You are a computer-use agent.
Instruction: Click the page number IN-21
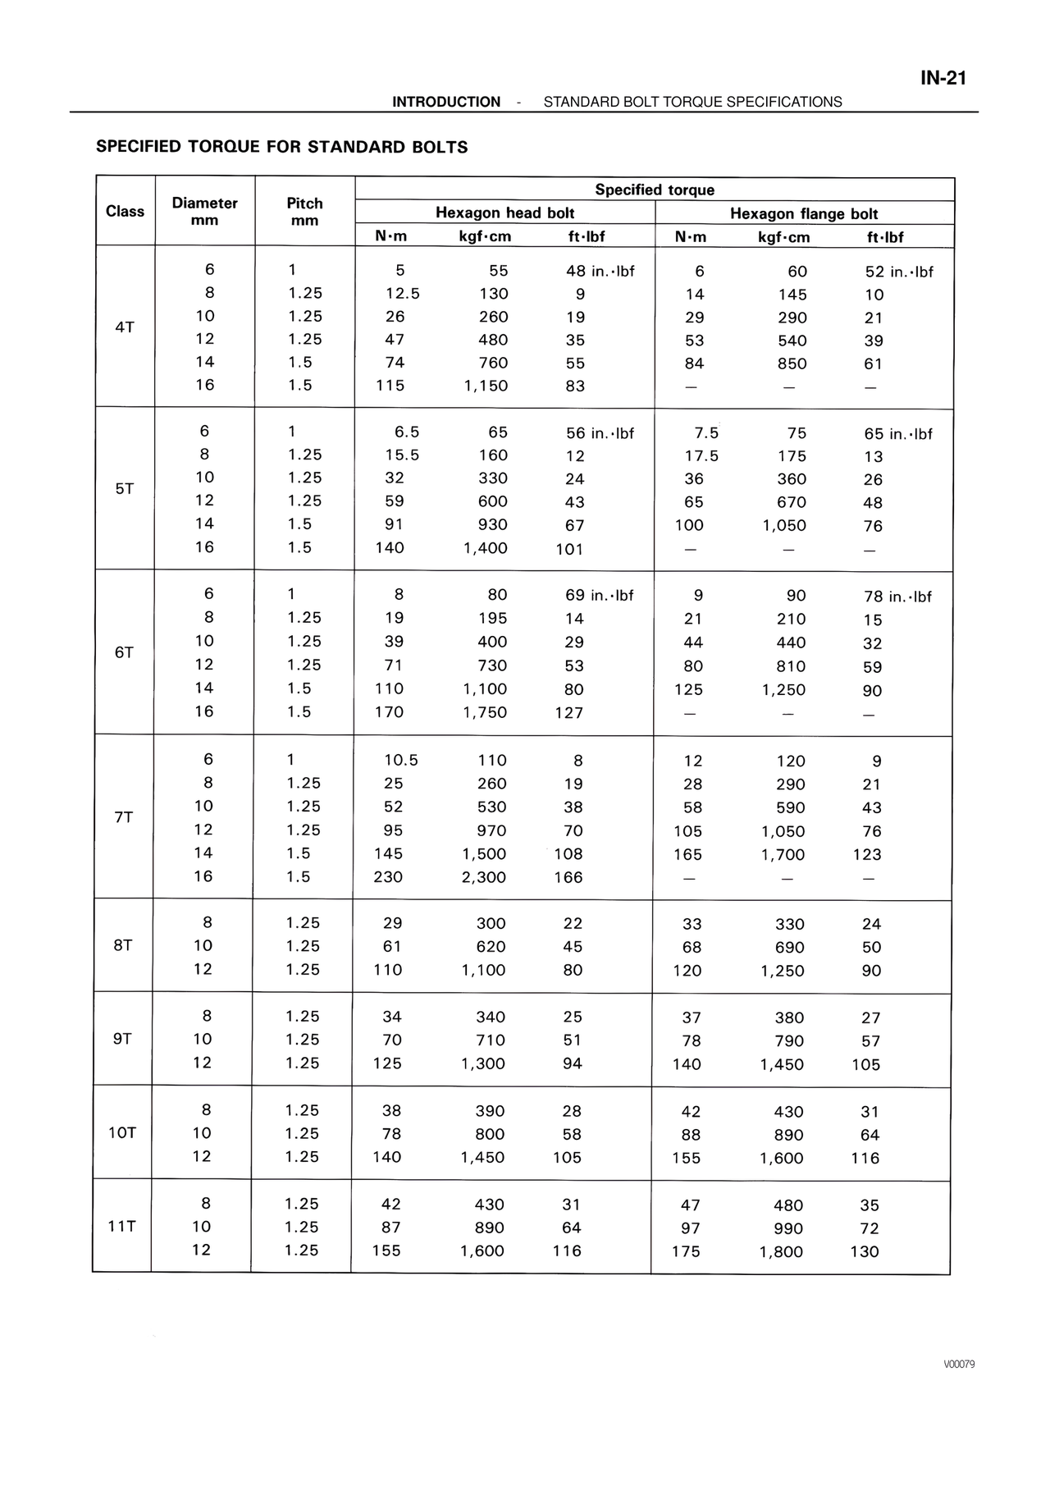[x=943, y=78]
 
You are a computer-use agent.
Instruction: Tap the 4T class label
[x=125, y=327]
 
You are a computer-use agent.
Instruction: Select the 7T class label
[x=123, y=817]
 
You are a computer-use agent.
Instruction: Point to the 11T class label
[x=121, y=1227]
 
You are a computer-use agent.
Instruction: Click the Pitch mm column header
[x=304, y=212]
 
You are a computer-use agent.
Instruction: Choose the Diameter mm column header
[x=204, y=212]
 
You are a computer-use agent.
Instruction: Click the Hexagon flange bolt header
[x=803, y=214]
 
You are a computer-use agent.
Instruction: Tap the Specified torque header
[x=654, y=190]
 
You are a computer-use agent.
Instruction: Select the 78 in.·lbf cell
[x=897, y=597]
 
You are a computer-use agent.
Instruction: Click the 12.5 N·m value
[x=402, y=294]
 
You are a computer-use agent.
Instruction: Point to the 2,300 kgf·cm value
[x=484, y=877]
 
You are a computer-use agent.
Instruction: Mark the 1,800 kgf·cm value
[x=781, y=1252]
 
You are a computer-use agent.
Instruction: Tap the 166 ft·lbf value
[x=568, y=877]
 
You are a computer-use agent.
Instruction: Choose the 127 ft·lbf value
[x=568, y=712]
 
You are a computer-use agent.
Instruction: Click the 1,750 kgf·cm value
[x=485, y=712]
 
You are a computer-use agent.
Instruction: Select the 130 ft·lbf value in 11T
[x=865, y=1252]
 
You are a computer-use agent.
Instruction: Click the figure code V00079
[x=958, y=1365]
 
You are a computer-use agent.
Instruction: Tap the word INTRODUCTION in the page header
[x=445, y=102]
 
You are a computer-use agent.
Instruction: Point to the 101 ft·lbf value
[x=569, y=549]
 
